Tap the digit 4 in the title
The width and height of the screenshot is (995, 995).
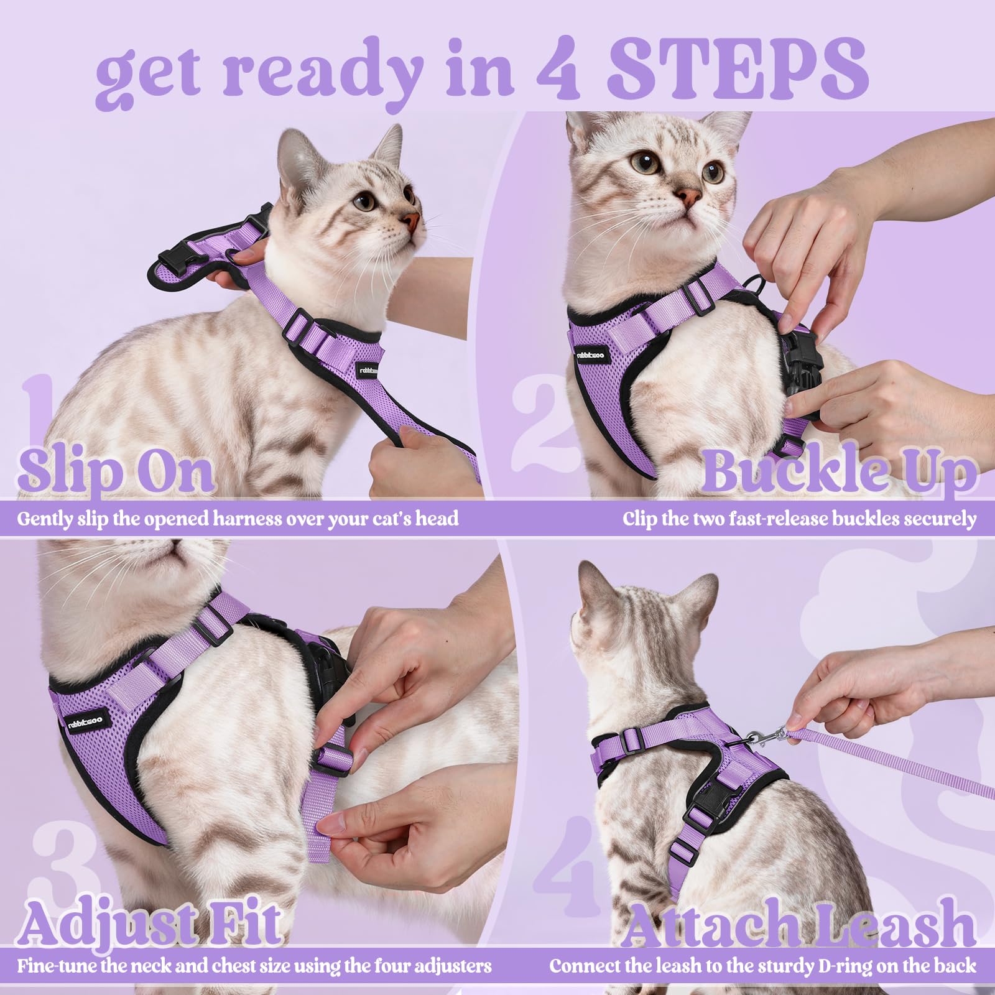(x=558, y=70)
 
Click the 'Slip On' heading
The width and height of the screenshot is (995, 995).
(x=116, y=471)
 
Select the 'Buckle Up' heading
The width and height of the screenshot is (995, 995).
(x=840, y=471)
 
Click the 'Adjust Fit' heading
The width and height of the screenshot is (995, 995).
(x=149, y=922)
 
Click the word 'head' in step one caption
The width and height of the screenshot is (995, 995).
(x=437, y=518)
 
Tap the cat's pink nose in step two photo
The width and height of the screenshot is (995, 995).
(x=688, y=198)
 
